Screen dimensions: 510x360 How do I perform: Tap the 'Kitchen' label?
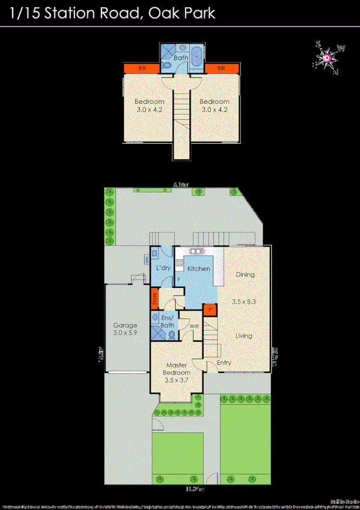click(x=198, y=268)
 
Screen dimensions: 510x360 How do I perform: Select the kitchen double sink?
click(x=196, y=251)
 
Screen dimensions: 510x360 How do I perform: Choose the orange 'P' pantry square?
click(x=210, y=310)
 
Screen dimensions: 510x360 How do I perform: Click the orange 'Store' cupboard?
click(x=154, y=296)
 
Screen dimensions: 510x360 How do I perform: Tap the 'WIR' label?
click(x=194, y=327)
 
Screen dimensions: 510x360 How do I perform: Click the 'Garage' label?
click(x=125, y=325)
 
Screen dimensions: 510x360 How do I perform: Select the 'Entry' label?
click(x=224, y=363)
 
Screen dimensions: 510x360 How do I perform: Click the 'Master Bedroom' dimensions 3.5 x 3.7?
click(x=177, y=380)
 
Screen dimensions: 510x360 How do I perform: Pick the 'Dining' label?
click(x=245, y=274)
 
